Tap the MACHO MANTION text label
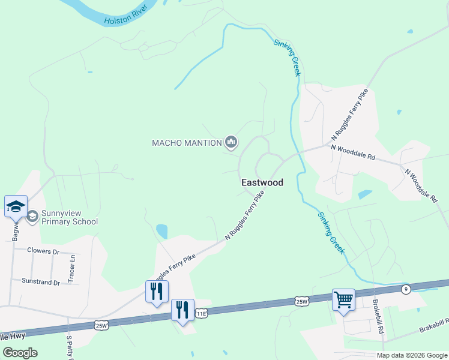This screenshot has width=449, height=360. [187, 143]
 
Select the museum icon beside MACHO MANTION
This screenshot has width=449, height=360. [231, 143]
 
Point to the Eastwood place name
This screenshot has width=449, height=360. [262, 182]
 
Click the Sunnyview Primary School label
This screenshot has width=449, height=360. [70, 217]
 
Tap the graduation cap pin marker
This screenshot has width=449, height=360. [16, 208]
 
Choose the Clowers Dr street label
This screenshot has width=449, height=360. [44, 250]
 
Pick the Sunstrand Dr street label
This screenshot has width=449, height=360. [41, 281]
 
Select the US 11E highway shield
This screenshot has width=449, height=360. [203, 313]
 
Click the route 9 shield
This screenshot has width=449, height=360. [406, 290]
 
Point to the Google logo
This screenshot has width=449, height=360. [20, 352]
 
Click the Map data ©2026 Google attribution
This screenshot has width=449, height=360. [411, 355]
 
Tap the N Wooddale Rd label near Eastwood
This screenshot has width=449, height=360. [353, 152]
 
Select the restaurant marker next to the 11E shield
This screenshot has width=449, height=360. [182, 310]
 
